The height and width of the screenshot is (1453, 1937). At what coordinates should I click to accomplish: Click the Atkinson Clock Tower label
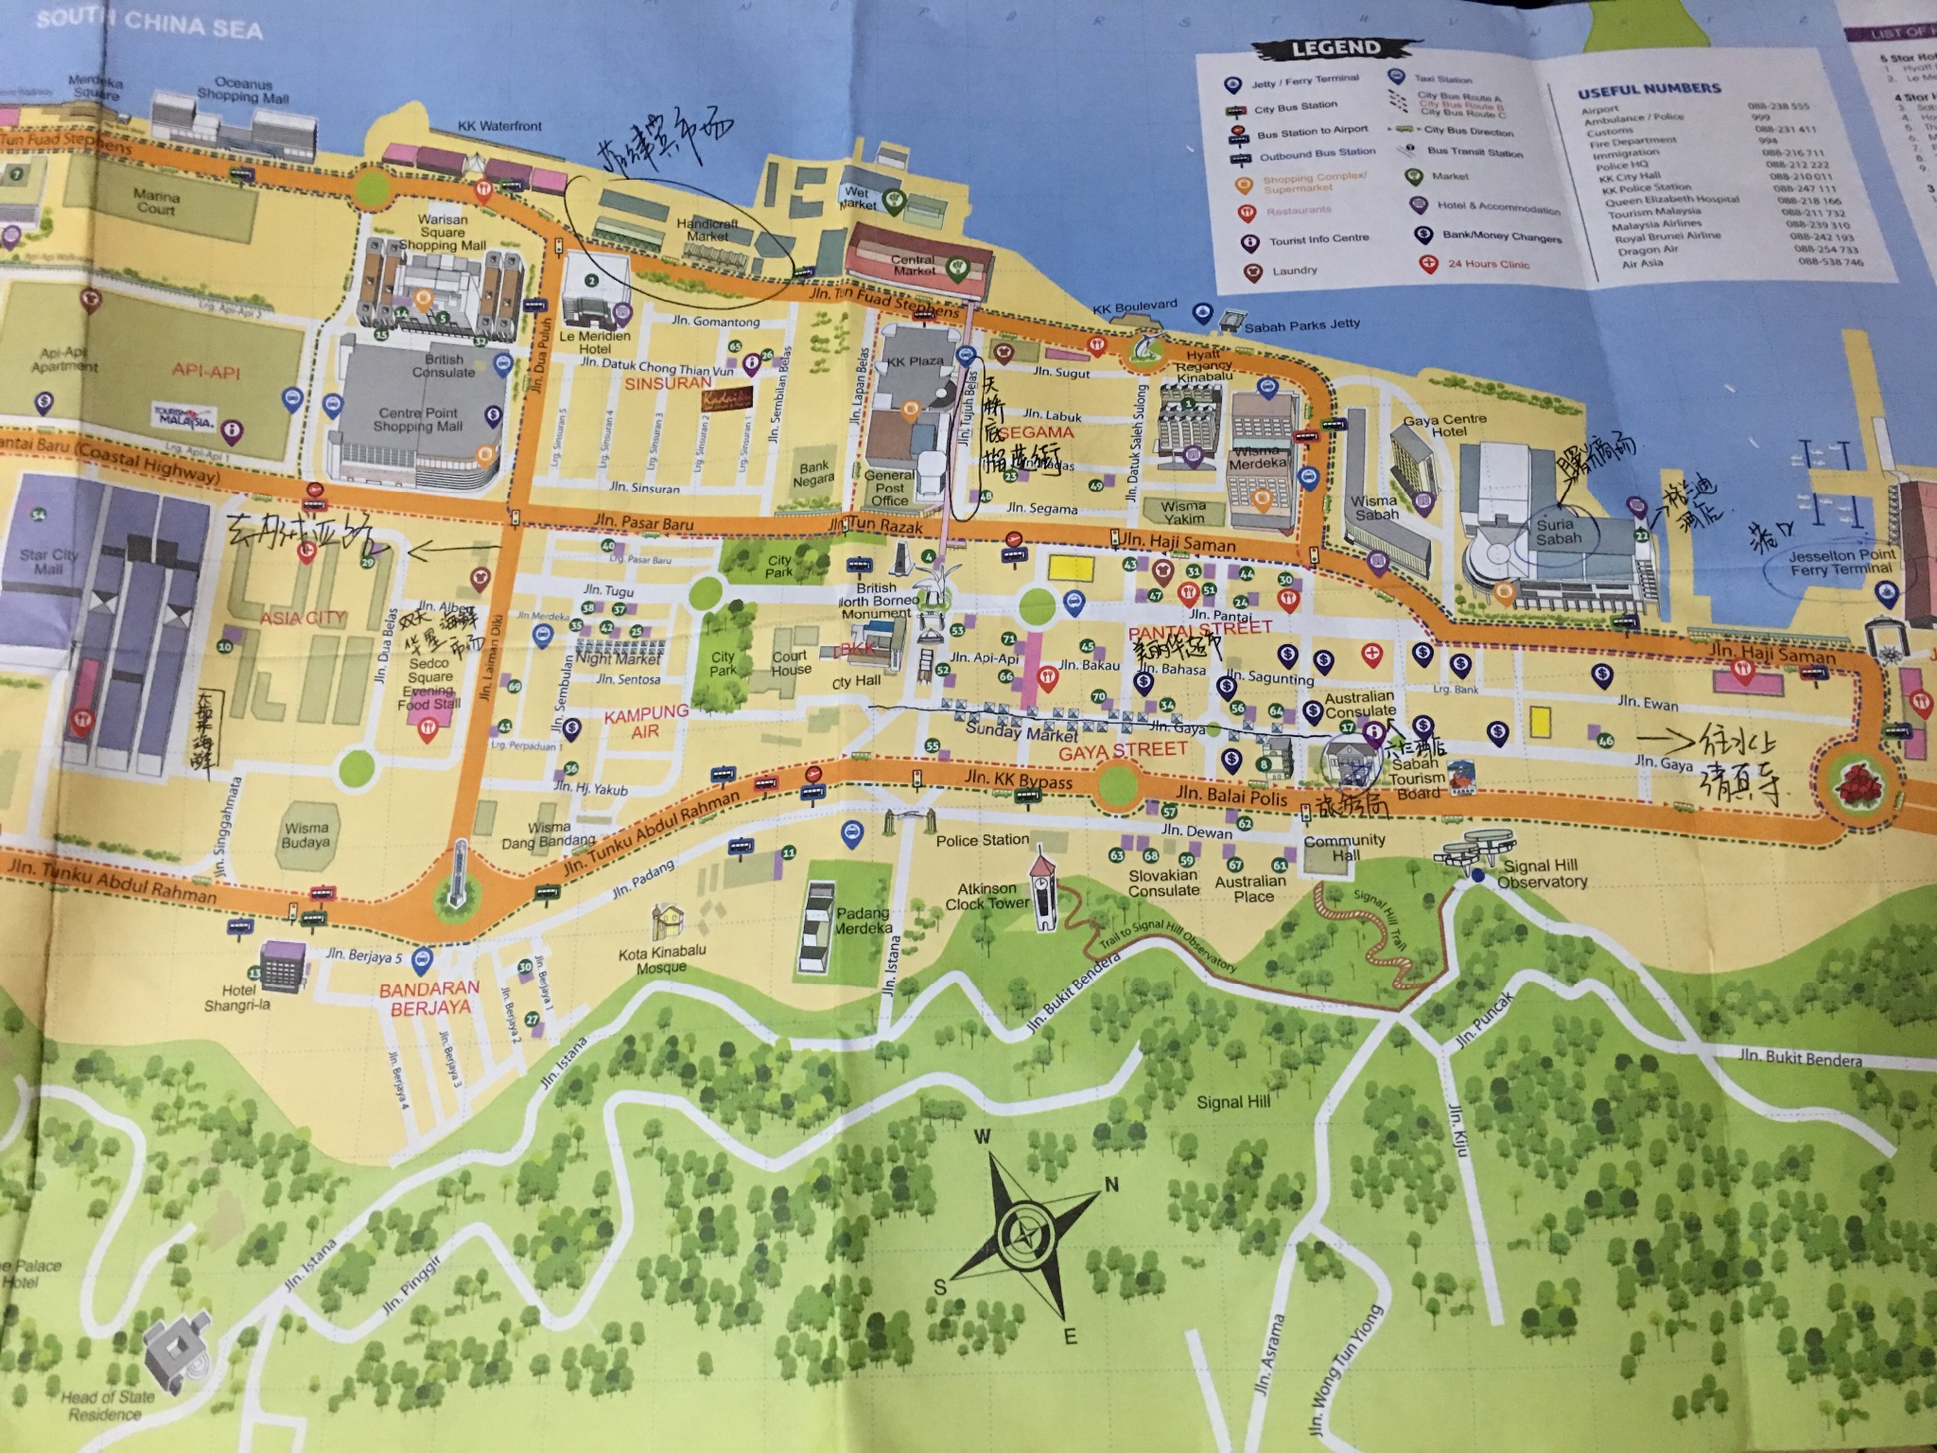[986, 896]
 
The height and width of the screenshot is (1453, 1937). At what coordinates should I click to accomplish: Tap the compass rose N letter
[1112, 1185]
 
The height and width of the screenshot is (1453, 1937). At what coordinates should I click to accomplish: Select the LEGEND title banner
[1335, 47]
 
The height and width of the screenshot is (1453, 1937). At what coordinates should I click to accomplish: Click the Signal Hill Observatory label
[1541, 873]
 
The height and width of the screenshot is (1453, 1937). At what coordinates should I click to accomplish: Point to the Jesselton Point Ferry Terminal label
[1841, 562]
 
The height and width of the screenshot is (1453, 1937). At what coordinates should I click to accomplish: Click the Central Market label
[914, 265]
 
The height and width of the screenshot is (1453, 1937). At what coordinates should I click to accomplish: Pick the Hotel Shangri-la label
[236, 997]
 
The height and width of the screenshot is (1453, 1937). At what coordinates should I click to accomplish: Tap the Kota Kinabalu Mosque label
[661, 960]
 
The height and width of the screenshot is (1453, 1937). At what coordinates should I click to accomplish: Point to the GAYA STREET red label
[1122, 750]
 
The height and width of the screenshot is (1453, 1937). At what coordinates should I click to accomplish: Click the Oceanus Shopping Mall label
[242, 91]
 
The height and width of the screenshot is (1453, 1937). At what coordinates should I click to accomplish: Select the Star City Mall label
[48, 561]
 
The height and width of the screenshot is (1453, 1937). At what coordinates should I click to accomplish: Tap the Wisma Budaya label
[305, 834]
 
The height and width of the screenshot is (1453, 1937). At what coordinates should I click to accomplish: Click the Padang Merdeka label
[862, 920]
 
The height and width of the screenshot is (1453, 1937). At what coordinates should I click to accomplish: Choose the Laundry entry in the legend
[1294, 271]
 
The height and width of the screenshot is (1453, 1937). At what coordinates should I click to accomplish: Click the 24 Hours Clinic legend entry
[1488, 264]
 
